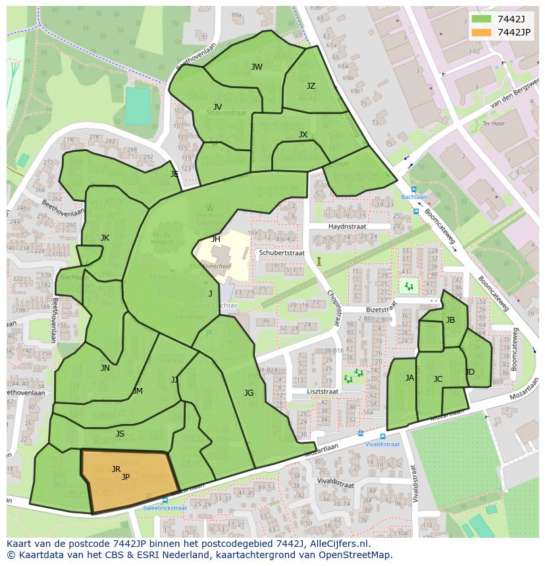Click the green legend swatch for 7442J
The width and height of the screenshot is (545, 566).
pyautogui.click(x=481, y=19)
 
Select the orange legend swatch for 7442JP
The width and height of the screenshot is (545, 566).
pyautogui.click(x=481, y=32)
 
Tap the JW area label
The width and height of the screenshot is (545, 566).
pyautogui.click(x=257, y=67)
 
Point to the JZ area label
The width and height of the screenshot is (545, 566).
pyautogui.click(x=311, y=86)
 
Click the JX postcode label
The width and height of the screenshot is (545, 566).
pyautogui.click(x=303, y=135)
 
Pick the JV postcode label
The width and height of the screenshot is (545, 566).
pyautogui.click(x=217, y=107)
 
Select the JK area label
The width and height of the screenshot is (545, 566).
pyautogui.click(x=105, y=238)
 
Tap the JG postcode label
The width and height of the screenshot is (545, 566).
pyautogui.click(x=249, y=393)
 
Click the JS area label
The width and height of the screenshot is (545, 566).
pyautogui.click(x=120, y=434)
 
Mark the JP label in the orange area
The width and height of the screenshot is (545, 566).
pyautogui.click(x=126, y=477)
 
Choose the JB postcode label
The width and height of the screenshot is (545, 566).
pyautogui.click(x=450, y=320)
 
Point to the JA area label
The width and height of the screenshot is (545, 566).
pyautogui.click(x=409, y=378)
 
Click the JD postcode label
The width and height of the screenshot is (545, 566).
pyautogui.click(x=470, y=372)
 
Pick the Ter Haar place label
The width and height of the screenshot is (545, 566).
pyautogui.click(x=492, y=123)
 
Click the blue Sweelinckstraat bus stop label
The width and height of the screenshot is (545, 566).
pyautogui.click(x=165, y=508)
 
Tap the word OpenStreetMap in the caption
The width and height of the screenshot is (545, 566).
pyautogui.click(x=353, y=555)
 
